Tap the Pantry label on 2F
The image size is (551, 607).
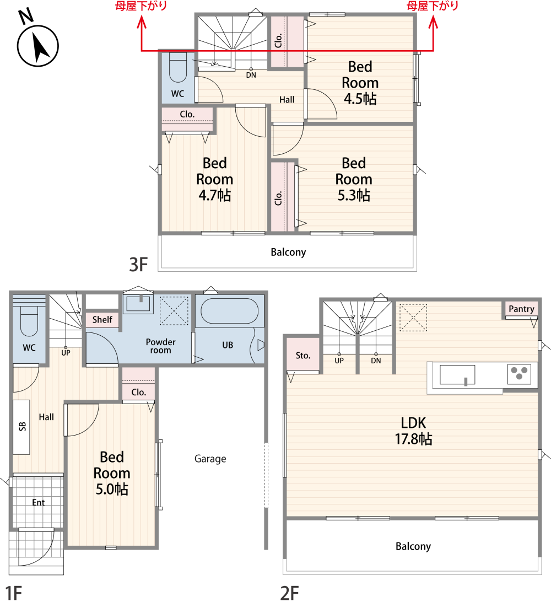[521, 309]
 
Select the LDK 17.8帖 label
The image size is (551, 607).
[413, 431]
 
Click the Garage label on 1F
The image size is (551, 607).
[210, 459]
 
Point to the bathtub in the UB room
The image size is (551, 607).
[229, 311]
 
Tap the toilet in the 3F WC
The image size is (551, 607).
[178, 67]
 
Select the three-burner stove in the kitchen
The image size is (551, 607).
[519, 374]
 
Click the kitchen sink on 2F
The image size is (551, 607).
[457, 375]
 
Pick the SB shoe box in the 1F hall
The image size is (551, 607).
[21, 427]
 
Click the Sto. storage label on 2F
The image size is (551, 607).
[303, 356]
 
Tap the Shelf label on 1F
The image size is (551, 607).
[102, 319]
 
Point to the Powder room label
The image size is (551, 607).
[160, 346]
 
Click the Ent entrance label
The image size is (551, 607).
[39, 502]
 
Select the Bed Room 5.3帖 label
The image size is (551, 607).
[354, 179]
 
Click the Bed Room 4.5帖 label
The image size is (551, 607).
[360, 83]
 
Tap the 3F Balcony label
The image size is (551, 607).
[288, 252]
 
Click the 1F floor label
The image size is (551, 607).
[14, 593]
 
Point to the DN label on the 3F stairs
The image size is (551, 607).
[251, 75]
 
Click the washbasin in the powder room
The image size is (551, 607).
[138, 303]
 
